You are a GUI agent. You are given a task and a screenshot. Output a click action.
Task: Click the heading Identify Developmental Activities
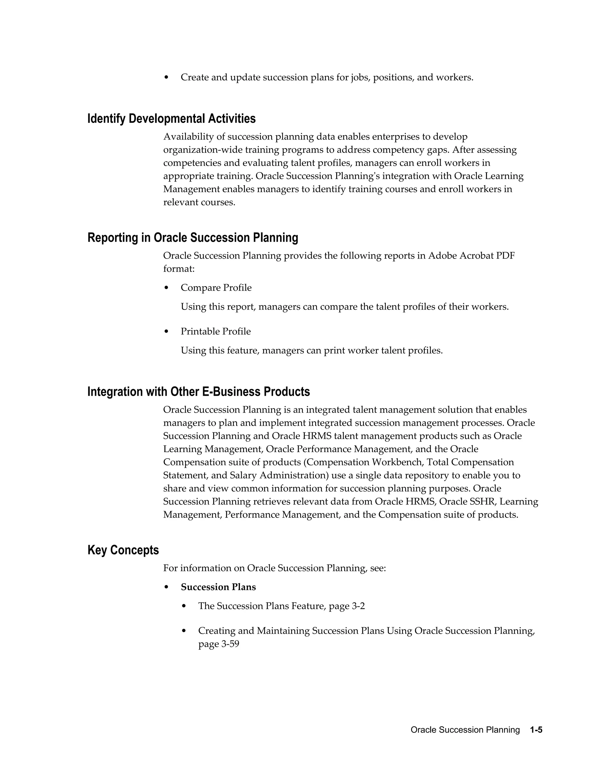[171, 119]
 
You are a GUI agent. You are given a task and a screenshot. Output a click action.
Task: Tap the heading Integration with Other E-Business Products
[198, 392]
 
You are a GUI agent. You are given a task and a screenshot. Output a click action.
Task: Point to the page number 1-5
[536, 730]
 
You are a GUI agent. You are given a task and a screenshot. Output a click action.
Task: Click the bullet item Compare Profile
[216, 288]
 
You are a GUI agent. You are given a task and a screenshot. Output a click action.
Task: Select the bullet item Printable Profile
[216, 332]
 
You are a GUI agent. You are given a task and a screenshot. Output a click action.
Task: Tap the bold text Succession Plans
[218, 587]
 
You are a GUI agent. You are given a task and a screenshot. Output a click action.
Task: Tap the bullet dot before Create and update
[166, 77]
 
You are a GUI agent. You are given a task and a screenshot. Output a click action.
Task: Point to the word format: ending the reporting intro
[179, 269]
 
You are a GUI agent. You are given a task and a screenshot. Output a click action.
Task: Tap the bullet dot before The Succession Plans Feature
[184, 606]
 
